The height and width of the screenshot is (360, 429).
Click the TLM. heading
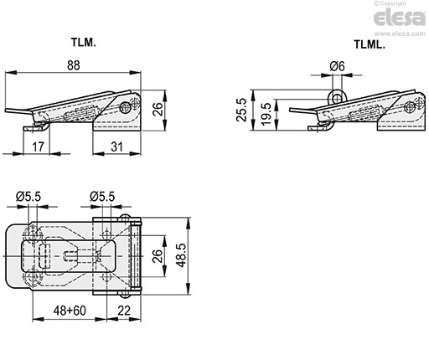(x=83, y=43)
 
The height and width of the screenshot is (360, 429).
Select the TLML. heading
(x=370, y=44)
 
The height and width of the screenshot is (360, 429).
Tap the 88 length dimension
(x=74, y=65)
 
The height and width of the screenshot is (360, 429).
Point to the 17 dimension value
(x=39, y=147)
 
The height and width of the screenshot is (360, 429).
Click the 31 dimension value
(x=116, y=147)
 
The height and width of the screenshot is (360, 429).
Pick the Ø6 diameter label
(x=337, y=66)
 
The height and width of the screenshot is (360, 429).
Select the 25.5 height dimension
(x=242, y=110)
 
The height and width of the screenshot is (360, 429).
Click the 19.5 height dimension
(x=266, y=114)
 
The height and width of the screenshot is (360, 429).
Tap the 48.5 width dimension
(x=182, y=255)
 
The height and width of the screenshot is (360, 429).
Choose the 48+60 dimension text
(x=70, y=311)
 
